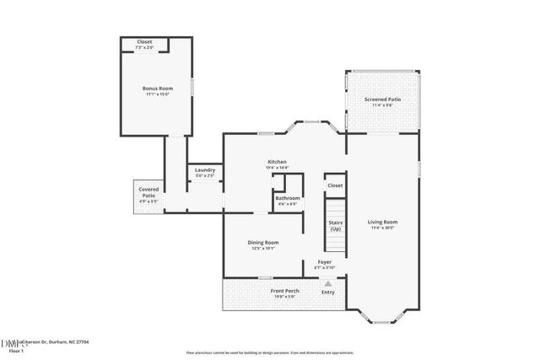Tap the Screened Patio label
[382, 99]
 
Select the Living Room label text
[382, 222]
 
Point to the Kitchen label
[278, 161]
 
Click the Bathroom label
[288, 198]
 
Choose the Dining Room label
[263, 242]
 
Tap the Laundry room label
[204, 170]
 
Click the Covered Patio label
[148, 192]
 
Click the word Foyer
[324, 261]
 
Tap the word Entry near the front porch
[327, 293]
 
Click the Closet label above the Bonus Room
[145, 42]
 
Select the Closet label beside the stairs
[335, 185]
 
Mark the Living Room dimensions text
[382, 228]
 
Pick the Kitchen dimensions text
[278, 167]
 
